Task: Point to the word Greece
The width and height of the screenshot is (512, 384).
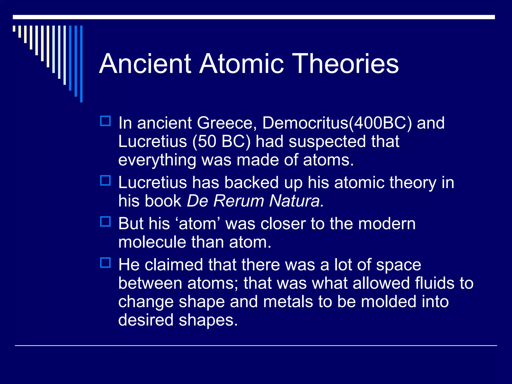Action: (x=225, y=123)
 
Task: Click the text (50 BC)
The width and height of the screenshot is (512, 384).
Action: (x=221, y=141)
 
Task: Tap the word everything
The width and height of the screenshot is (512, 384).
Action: (x=157, y=160)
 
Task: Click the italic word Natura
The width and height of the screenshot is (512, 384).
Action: (x=296, y=201)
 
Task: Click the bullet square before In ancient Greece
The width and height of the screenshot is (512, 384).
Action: (x=105, y=121)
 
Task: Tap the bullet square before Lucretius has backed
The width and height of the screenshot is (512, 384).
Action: (x=105, y=180)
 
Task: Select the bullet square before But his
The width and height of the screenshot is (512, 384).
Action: (x=105, y=221)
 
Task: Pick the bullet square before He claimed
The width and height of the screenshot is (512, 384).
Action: (x=105, y=263)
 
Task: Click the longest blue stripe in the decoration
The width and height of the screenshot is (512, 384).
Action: (x=81, y=64)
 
